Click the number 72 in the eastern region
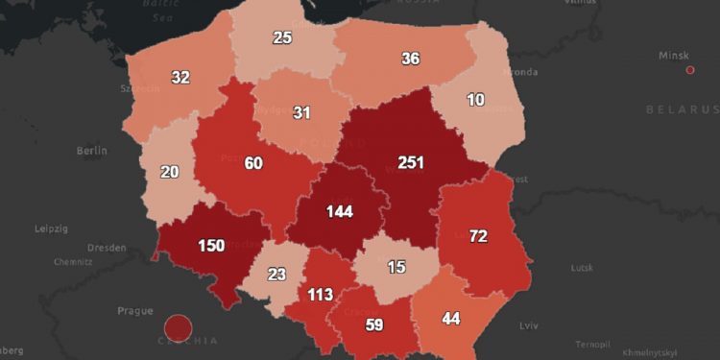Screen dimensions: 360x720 (x=477, y=235)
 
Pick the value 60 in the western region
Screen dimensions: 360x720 (x=253, y=163)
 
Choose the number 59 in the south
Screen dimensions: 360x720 (x=373, y=325)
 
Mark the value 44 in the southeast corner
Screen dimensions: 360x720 (x=450, y=319)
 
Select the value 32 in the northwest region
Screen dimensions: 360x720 (x=180, y=78)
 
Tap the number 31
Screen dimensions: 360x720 (x=302, y=113)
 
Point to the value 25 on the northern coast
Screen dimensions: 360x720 (x=282, y=38)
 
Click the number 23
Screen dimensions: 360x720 (x=277, y=274)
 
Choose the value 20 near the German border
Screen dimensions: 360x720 (x=169, y=172)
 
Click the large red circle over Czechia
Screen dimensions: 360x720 (x=178, y=328)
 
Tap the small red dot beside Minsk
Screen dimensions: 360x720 (x=690, y=70)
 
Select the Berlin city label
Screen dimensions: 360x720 (x=91, y=151)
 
